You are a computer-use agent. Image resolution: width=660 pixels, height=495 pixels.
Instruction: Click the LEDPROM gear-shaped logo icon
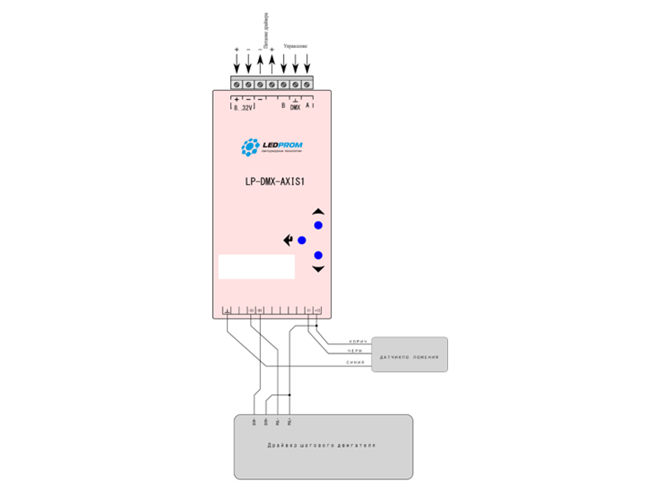pos(248,148)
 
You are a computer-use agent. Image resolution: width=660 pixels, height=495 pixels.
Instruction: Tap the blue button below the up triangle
pos(318,225)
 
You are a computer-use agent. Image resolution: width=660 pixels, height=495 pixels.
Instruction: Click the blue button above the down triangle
pos(318,255)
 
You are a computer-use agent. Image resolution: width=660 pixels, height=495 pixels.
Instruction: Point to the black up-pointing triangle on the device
pos(318,211)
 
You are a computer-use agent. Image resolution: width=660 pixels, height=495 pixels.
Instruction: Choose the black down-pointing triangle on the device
pos(318,269)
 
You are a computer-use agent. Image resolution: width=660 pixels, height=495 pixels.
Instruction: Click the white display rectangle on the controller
pos(257,266)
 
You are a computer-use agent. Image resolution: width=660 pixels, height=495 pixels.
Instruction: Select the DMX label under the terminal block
pos(295,107)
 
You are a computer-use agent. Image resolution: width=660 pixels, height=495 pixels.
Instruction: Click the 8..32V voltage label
pos(243,107)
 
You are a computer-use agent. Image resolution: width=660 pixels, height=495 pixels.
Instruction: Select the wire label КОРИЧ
pos(357,341)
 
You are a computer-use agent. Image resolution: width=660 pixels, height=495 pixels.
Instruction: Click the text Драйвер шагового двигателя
pos(322,446)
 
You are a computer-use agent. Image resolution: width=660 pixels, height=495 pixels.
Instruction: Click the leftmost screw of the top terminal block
pos(237,84)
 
